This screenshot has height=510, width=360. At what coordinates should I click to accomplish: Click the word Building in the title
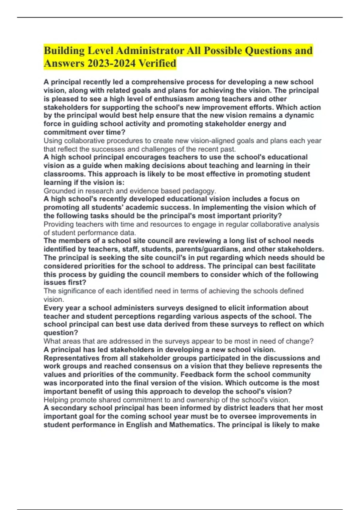click(64, 51)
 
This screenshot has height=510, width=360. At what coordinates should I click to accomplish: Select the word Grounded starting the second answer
click(59, 191)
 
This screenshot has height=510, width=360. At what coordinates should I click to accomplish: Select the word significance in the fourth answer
click(77, 291)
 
